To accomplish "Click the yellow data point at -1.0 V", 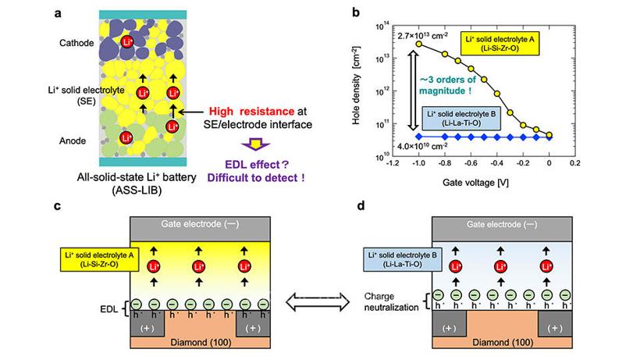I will point(419,44).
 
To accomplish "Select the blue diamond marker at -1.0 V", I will point(419,137).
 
